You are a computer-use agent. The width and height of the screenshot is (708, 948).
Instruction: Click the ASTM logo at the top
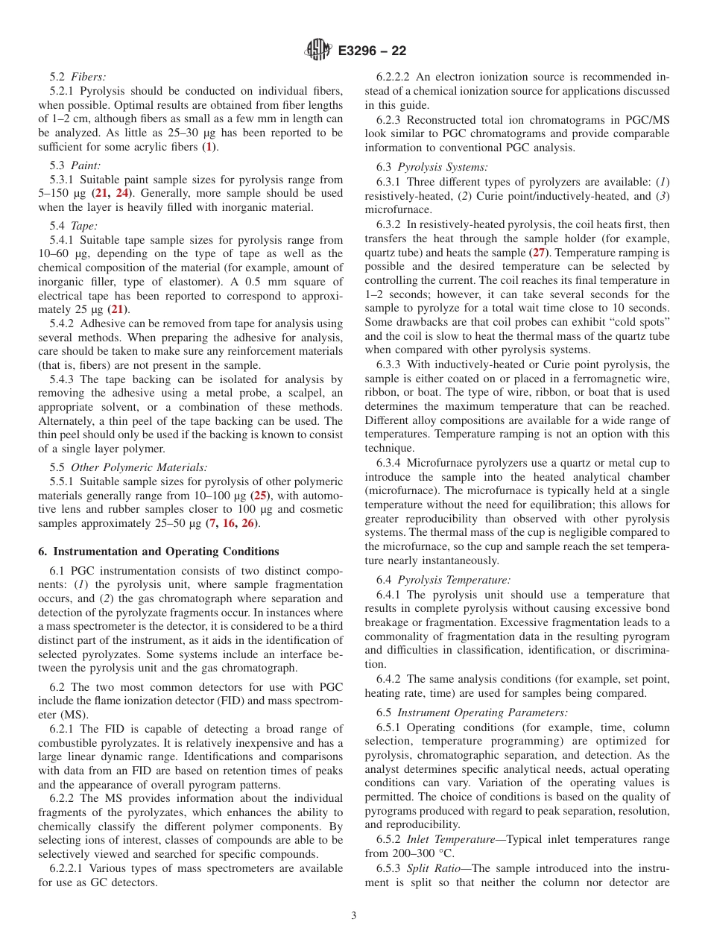[318, 51]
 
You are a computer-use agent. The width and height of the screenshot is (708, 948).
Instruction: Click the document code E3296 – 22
[372, 51]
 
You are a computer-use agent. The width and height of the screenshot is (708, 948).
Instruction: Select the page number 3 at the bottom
[353, 916]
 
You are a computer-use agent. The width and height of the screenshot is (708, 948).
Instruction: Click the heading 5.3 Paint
[75, 165]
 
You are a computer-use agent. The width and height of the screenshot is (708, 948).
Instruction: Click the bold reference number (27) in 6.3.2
[537, 253]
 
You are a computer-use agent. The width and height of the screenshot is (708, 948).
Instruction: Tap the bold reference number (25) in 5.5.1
[260, 496]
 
